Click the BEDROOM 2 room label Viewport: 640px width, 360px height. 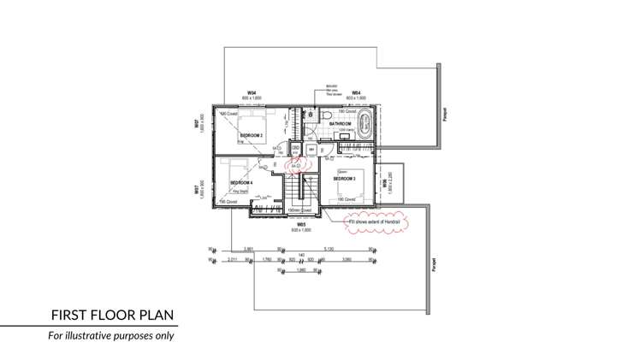point(252,136)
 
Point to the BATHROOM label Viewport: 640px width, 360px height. point(341,124)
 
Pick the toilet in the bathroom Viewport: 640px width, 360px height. point(326,113)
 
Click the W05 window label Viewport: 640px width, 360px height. point(301,224)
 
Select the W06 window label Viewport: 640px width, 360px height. point(385,183)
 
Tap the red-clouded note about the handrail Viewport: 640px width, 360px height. point(376,221)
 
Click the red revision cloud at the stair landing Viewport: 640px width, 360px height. point(295,165)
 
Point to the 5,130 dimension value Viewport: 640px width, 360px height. point(328,250)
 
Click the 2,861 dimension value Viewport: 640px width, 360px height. point(248,250)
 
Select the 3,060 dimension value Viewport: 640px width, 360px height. point(347,258)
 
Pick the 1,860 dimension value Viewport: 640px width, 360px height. point(301,270)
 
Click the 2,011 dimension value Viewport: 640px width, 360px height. point(233,258)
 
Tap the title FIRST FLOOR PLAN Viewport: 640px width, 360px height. point(113,315)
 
